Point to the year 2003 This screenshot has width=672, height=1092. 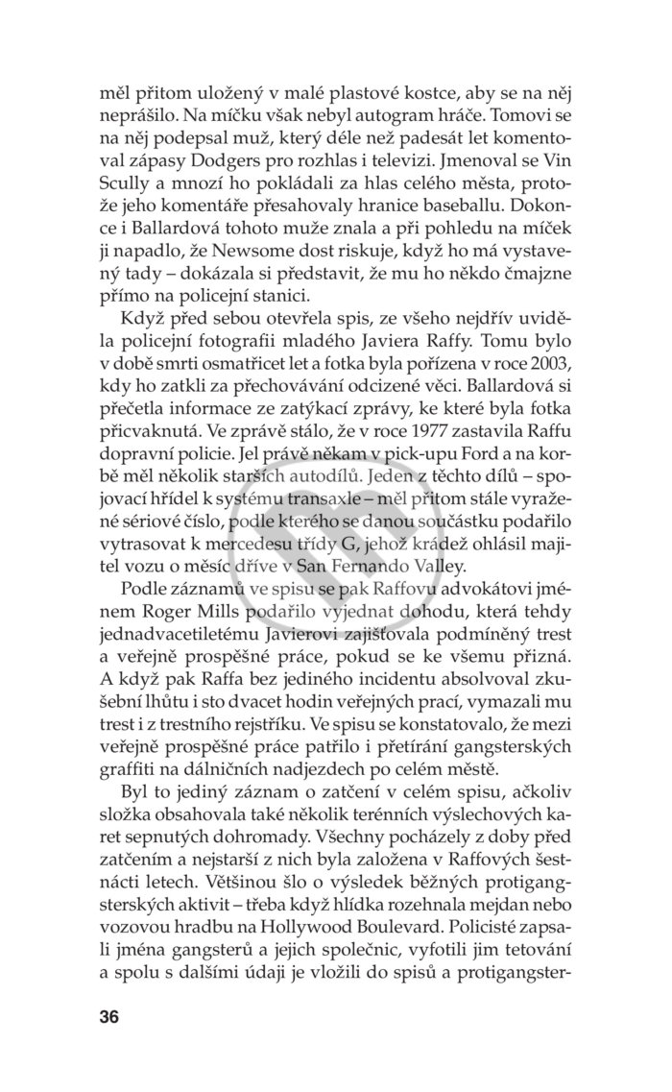(552, 370)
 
